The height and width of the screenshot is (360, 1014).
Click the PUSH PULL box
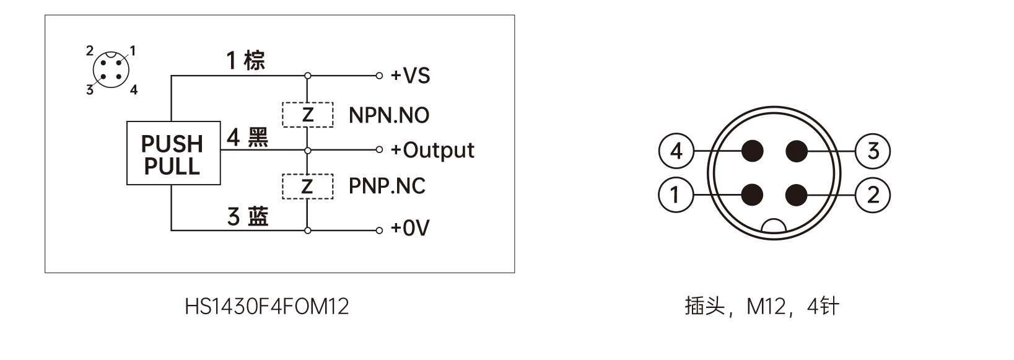(173, 154)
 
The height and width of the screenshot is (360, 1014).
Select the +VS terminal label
(410, 76)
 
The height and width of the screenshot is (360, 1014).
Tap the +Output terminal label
(432, 150)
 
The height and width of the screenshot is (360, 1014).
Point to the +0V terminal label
(410, 228)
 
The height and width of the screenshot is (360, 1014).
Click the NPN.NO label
(389, 115)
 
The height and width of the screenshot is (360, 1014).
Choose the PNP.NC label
(387, 186)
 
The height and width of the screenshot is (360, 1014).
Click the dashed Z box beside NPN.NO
(308, 115)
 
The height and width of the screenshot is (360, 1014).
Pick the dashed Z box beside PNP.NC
(308, 187)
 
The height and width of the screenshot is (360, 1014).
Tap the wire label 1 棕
(246, 61)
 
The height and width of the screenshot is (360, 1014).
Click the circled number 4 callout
(676, 151)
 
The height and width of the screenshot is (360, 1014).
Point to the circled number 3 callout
(873, 151)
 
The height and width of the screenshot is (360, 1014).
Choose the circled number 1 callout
(675, 195)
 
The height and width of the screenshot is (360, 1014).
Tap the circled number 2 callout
(873, 195)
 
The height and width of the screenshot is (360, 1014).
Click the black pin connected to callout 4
(753, 151)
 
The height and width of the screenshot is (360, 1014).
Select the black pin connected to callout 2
(796, 195)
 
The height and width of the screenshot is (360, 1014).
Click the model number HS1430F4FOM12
(267, 306)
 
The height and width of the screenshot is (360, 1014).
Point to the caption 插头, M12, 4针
(762, 306)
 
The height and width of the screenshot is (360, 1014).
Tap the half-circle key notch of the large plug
(774, 227)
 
